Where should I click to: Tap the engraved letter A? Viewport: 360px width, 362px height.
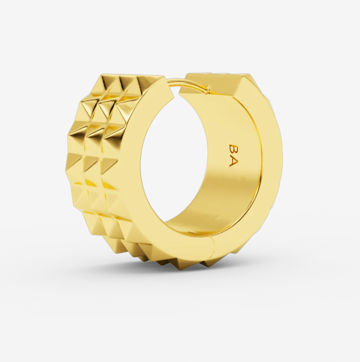tap(233, 161)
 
